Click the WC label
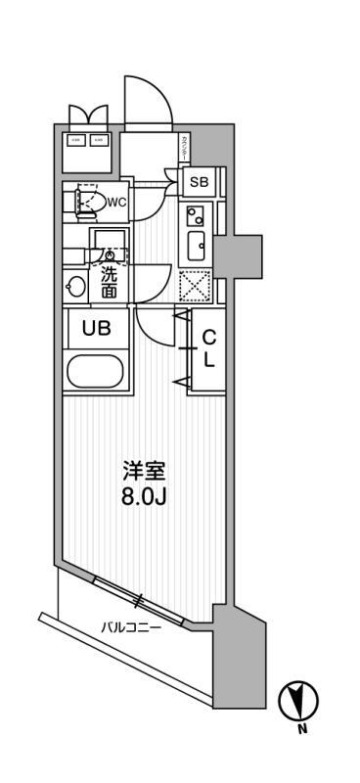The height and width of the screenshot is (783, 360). [x=116, y=203]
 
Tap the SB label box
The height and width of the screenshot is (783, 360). [x=199, y=182]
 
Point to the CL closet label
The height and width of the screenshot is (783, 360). [x=208, y=348]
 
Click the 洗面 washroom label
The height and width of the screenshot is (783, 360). [x=109, y=282]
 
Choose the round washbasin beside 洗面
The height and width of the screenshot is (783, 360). [x=76, y=286]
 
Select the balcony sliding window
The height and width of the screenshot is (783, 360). [x=143, y=599]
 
